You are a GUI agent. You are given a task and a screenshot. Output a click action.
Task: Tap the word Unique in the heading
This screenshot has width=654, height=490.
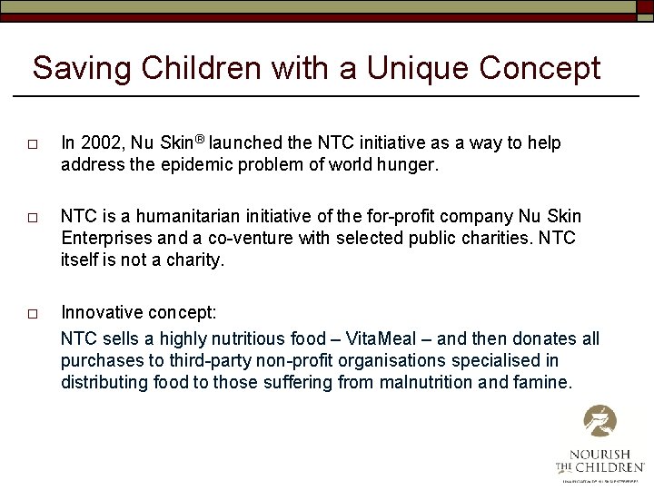coord(414,68)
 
